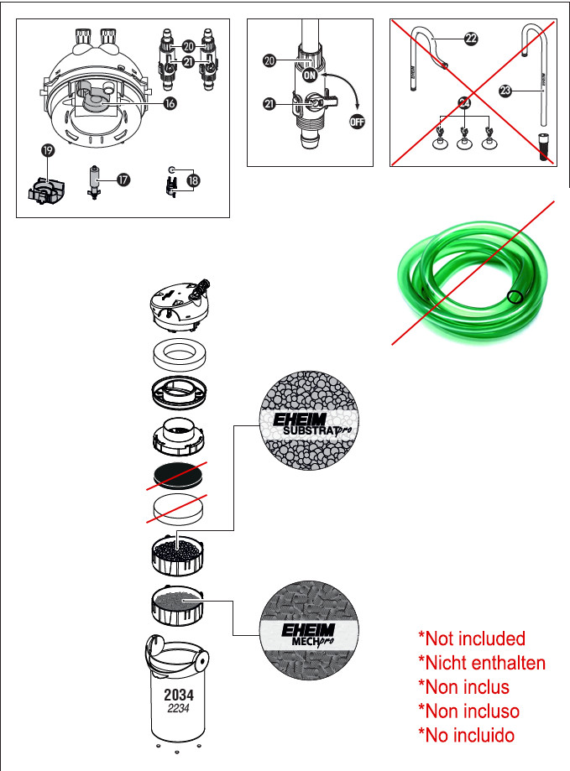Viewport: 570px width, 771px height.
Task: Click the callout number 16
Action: pyautogui.click(x=170, y=103)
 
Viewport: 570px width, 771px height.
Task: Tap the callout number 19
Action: pyautogui.click(x=48, y=150)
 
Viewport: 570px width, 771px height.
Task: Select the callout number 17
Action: pyautogui.click(x=123, y=180)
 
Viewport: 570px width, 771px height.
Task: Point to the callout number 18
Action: pyautogui.click(x=193, y=180)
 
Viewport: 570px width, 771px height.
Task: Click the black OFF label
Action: pyautogui.click(x=357, y=122)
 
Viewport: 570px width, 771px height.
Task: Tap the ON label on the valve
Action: pyautogui.click(x=310, y=76)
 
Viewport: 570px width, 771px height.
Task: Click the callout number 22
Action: pyautogui.click(x=471, y=39)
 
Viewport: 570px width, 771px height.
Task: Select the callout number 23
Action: pyautogui.click(x=505, y=91)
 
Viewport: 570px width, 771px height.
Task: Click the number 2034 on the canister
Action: pyautogui.click(x=179, y=695)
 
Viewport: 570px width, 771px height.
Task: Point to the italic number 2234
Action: pyautogui.click(x=178, y=709)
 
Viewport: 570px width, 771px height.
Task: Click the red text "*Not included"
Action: pyautogui.click(x=472, y=638)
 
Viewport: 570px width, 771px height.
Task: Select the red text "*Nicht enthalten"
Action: pyautogui.click(x=482, y=663)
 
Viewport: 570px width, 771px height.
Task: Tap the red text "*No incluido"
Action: pyautogui.click(x=466, y=735)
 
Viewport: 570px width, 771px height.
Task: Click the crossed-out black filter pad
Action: pyautogui.click(x=177, y=476)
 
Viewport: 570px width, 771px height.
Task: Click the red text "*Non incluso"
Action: pyautogui.click(x=468, y=711)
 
